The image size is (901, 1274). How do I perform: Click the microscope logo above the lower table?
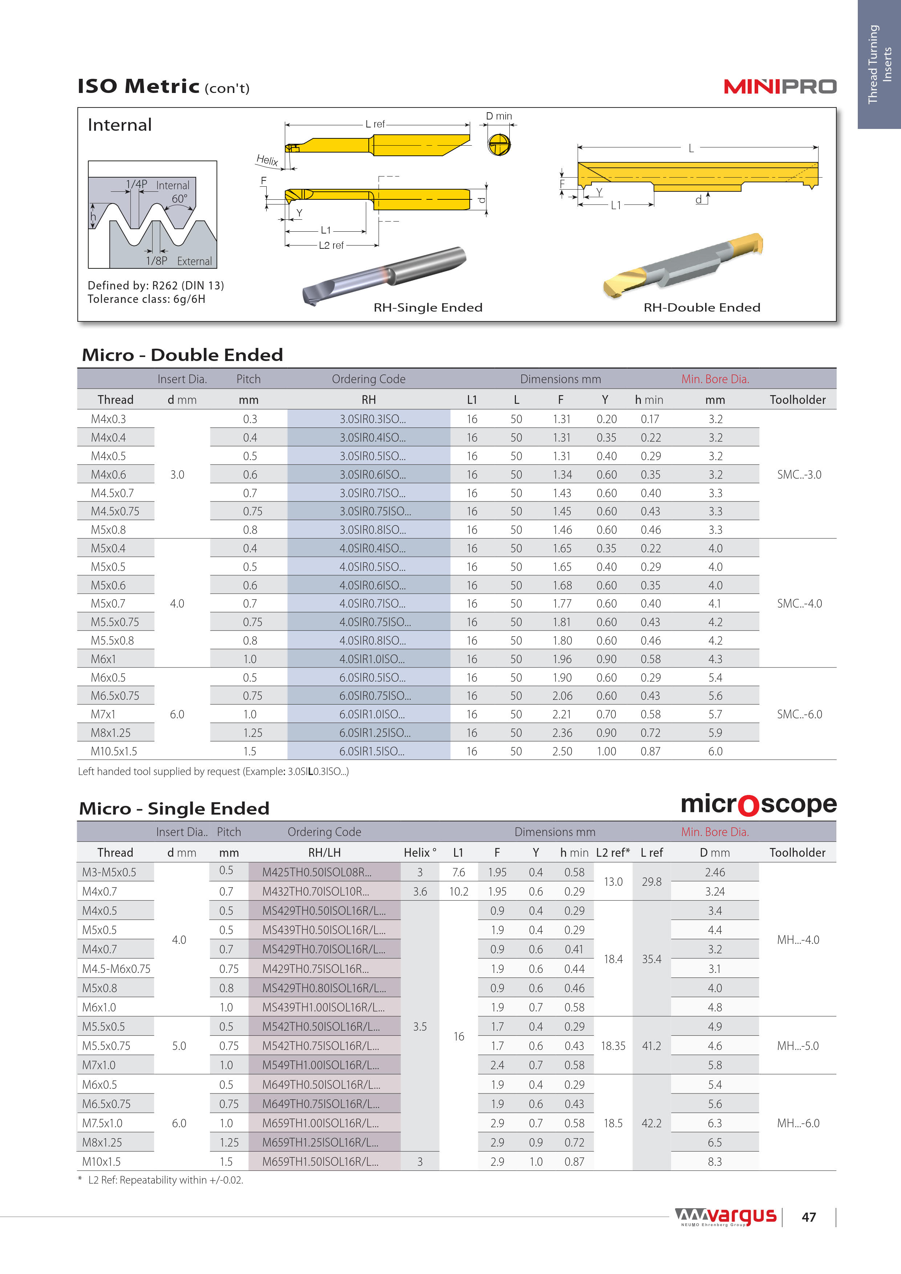758,804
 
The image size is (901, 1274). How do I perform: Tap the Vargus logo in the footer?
726,1216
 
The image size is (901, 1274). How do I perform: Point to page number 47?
808,1217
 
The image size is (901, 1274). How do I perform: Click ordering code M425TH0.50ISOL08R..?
316,872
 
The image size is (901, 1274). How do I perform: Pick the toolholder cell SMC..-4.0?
799,604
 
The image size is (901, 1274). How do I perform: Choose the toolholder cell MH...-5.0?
798,1046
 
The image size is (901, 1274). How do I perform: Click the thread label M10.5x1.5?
114,751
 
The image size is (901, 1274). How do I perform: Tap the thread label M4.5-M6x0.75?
116,969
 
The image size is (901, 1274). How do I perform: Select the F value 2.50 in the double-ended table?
562,751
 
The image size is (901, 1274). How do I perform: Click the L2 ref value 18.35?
613,1046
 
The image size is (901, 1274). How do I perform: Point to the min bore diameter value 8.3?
715,1161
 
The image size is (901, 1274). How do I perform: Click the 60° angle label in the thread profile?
179,199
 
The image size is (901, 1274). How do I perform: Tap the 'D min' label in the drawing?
498,116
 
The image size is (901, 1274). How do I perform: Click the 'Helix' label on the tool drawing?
267,161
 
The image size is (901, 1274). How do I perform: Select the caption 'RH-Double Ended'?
702,307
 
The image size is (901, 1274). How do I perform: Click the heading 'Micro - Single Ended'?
174,808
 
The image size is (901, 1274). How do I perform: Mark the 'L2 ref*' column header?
613,852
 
